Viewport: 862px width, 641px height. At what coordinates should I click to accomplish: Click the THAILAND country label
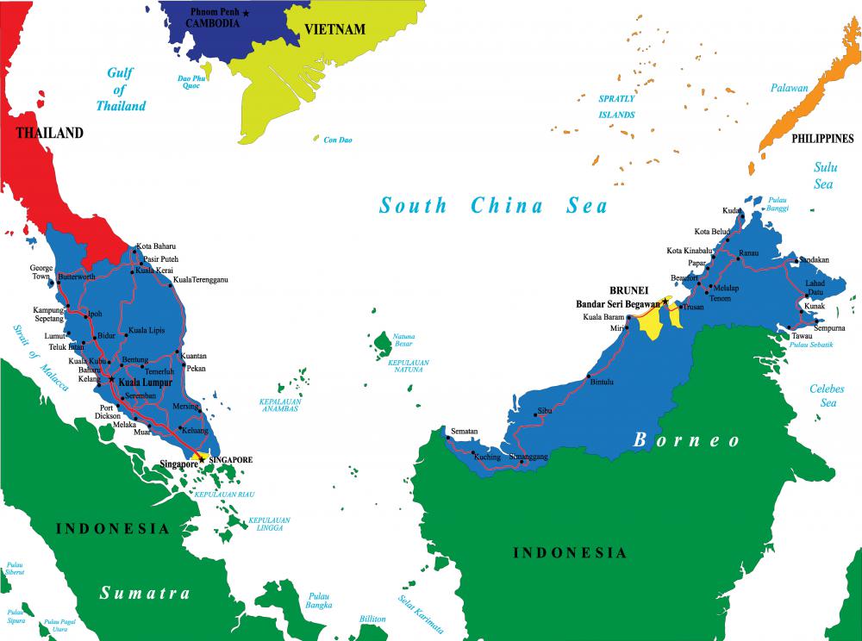49,133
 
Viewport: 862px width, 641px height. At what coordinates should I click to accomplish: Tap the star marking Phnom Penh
246,13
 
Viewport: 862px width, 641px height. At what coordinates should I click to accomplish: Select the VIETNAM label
334,29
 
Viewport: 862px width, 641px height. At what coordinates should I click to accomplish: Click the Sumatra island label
144,593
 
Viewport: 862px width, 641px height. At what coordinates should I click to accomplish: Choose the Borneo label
687,439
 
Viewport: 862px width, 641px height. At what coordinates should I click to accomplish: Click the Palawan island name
790,88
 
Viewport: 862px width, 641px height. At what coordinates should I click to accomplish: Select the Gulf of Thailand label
121,90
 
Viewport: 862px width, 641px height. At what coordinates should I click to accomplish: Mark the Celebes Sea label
827,395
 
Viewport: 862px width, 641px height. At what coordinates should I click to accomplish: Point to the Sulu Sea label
824,175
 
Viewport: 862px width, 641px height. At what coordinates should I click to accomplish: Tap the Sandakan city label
815,258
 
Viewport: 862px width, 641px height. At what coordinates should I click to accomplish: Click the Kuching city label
487,457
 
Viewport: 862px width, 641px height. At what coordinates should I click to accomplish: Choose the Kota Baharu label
156,246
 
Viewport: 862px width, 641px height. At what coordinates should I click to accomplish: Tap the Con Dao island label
338,140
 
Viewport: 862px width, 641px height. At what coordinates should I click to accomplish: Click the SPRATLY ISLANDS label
617,107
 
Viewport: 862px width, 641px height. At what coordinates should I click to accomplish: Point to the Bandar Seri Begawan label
617,303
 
